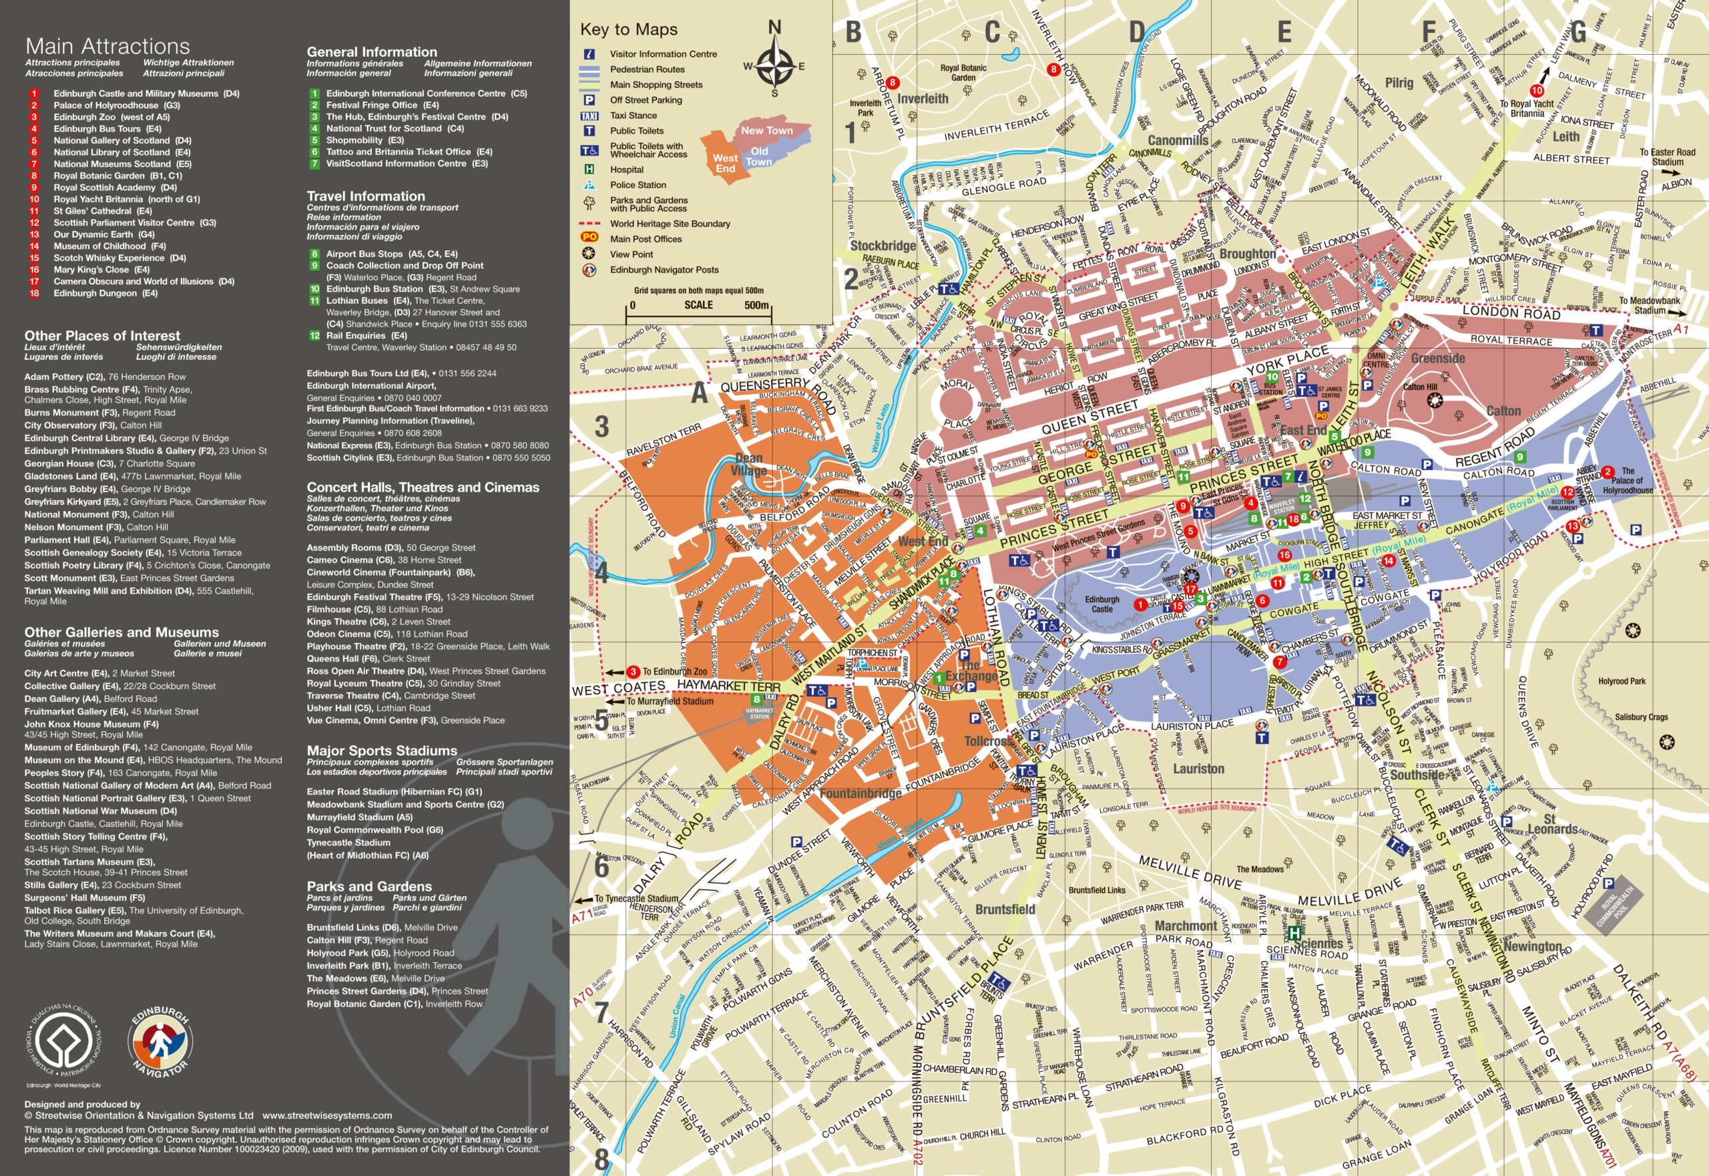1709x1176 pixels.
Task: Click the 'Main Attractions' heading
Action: coord(107,47)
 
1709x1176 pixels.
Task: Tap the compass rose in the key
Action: coord(774,65)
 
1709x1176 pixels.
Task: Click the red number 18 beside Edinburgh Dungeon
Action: coord(34,293)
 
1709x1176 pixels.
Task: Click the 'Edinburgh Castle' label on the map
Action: coord(1102,604)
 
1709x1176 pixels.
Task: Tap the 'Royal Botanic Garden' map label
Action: coord(963,72)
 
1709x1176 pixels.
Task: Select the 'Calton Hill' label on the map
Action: coord(1419,387)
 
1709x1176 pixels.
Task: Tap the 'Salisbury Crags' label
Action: coord(1640,717)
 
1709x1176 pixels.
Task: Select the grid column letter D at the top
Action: coord(1138,33)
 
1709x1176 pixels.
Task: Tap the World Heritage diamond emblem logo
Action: coord(66,1042)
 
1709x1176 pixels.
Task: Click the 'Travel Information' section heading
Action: coord(365,196)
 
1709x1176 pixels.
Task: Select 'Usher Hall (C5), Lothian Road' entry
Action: coord(369,708)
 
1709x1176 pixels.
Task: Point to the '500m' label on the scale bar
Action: coord(756,305)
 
